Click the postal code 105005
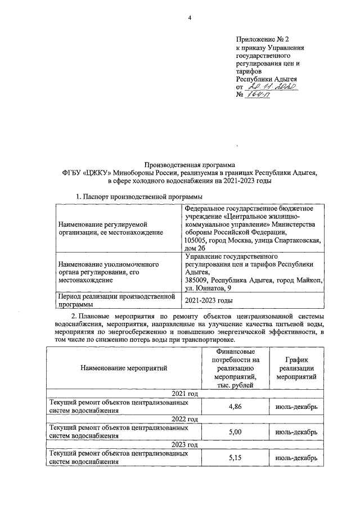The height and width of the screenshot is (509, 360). pos(196,241)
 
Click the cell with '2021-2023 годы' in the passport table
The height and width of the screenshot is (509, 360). pos(209,301)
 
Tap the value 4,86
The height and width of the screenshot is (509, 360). pos(235,407)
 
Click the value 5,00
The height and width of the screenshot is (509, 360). pos(235,431)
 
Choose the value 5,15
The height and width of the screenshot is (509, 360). pos(235,457)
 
